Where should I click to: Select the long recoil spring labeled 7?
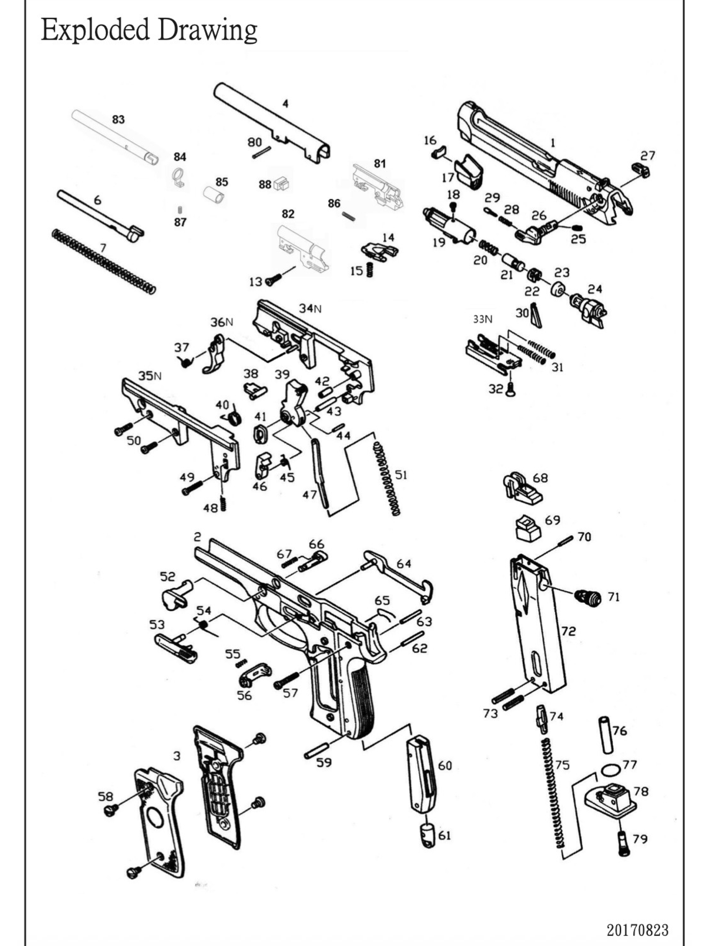coord(104,261)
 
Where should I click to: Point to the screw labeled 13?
coord(273,279)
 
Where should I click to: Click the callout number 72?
coord(568,631)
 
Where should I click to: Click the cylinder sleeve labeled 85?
coord(213,195)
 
